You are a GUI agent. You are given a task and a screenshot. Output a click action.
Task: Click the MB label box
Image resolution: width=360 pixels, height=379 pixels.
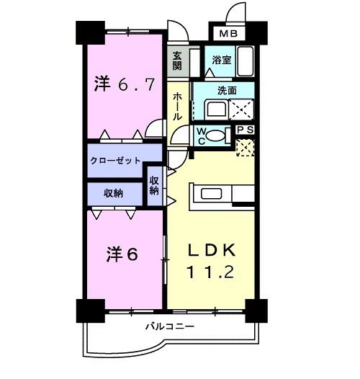click(228, 34)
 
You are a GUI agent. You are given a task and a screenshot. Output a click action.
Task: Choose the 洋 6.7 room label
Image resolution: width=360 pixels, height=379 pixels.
click(124, 84)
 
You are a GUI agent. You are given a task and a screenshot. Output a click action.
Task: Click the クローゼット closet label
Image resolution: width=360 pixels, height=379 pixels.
click(115, 161)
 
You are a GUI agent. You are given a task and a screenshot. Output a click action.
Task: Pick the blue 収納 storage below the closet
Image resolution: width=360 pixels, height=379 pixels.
click(112, 193)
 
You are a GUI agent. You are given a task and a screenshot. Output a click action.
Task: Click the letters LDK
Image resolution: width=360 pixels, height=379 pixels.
click(212, 250)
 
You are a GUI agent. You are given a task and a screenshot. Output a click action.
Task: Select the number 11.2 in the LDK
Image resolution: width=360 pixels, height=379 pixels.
click(212, 273)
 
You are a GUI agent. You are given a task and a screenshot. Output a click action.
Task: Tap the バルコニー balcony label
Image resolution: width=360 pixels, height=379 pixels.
click(169, 326)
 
